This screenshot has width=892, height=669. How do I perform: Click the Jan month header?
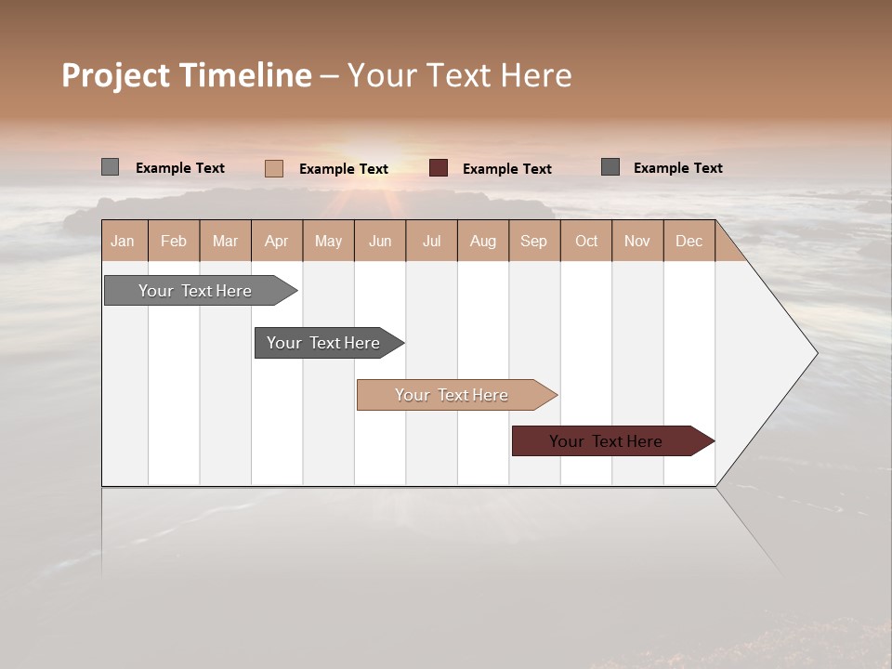(x=124, y=241)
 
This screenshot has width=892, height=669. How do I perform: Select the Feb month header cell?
(x=174, y=241)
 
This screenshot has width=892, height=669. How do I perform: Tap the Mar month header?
(x=225, y=241)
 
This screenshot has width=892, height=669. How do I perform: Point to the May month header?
(x=328, y=241)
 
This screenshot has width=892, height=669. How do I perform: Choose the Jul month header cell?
(x=431, y=241)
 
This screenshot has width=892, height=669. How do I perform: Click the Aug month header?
(x=483, y=241)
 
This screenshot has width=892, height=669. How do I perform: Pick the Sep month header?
(x=534, y=241)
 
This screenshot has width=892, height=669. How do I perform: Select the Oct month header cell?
(x=586, y=241)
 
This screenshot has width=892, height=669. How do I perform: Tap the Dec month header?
(x=689, y=241)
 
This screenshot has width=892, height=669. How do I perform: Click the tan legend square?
(x=274, y=168)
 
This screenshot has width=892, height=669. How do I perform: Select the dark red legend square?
(x=439, y=168)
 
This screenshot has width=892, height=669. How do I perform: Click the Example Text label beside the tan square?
(x=344, y=169)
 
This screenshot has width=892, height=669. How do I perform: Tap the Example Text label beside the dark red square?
(x=507, y=169)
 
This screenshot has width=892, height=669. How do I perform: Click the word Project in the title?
(x=116, y=75)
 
